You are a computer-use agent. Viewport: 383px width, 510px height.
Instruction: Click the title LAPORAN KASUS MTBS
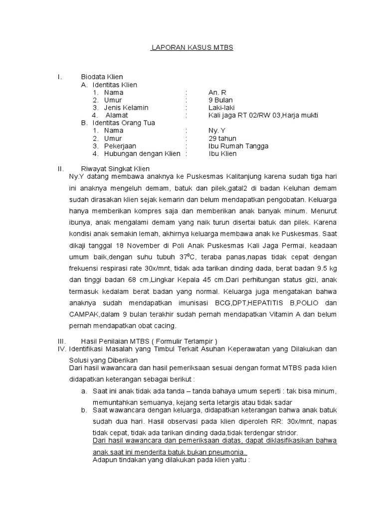(x=192, y=48)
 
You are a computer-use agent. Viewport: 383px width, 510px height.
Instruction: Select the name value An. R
(x=217, y=93)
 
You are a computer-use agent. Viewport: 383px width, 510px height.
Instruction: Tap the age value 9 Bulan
(x=220, y=100)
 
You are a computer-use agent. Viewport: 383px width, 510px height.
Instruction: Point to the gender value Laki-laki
(x=221, y=108)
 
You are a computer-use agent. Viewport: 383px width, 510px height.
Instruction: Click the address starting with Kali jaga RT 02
(x=263, y=116)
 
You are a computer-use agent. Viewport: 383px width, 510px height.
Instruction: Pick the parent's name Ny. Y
(x=217, y=130)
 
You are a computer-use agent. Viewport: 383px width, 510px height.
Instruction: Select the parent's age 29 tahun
(x=222, y=138)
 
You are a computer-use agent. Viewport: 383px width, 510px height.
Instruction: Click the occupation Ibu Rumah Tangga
(x=238, y=146)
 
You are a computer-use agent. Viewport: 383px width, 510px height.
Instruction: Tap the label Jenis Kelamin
(x=126, y=108)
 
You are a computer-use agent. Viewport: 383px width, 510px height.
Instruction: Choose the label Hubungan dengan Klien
(x=142, y=153)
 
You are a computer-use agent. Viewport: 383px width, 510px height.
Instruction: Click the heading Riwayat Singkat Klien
(x=115, y=169)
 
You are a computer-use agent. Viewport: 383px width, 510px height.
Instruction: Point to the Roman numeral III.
(x=62, y=341)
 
